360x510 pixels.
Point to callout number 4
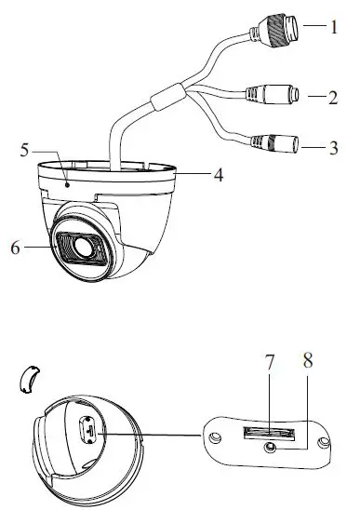click(x=217, y=174)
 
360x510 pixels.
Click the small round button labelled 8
click(x=271, y=446)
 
